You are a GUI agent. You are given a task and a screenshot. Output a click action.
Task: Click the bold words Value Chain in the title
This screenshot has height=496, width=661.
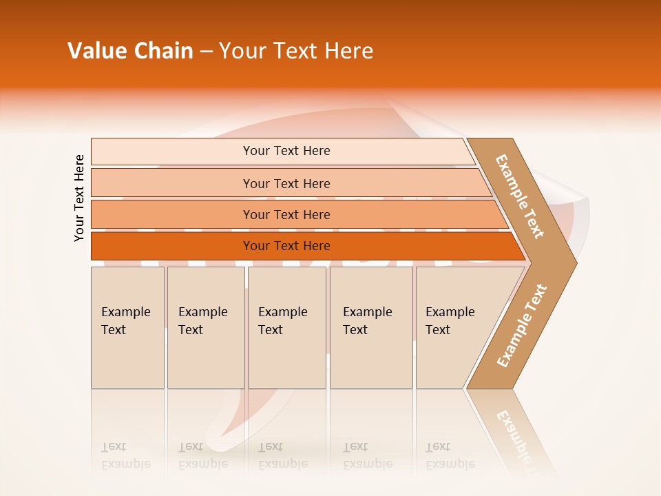coord(130,51)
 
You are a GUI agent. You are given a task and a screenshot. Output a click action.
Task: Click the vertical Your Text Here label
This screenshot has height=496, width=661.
coord(79,198)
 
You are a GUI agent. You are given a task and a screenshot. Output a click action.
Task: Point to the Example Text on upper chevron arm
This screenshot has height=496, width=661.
coord(520,196)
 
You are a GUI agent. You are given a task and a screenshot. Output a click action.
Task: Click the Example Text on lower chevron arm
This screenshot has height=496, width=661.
coord(522,326)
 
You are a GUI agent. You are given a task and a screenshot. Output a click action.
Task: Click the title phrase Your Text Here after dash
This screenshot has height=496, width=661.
coord(296,51)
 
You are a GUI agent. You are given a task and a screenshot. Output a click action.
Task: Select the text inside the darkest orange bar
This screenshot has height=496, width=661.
coord(286,246)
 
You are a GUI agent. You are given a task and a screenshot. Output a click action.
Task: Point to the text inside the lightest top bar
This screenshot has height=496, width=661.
coord(286,151)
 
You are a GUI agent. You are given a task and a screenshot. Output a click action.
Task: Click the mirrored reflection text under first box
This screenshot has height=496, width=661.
coord(125,455)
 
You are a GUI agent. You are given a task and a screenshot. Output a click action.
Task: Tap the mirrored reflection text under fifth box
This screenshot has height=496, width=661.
coord(450,455)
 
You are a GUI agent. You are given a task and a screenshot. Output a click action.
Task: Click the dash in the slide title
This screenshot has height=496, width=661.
coord(206,52)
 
